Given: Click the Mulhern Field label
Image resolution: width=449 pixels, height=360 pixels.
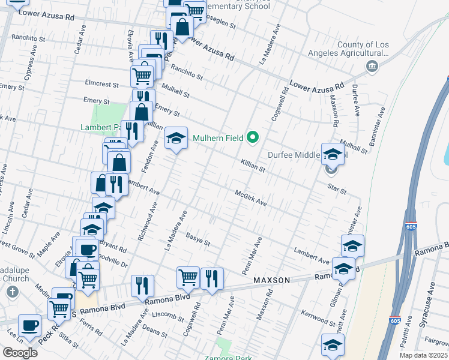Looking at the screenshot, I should click(x=217, y=138).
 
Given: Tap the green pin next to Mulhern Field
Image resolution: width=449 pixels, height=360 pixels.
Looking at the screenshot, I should click(x=253, y=138).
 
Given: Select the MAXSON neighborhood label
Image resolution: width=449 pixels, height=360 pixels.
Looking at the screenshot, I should click(x=271, y=280).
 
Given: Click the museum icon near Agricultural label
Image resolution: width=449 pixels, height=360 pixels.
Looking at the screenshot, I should click(x=372, y=65).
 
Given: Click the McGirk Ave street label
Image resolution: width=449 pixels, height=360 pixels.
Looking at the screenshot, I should click(x=250, y=197).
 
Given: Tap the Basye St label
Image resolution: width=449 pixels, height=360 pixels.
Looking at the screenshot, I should click(x=197, y=239).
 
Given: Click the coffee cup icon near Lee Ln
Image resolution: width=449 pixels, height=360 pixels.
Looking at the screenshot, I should click(x=29, y=326).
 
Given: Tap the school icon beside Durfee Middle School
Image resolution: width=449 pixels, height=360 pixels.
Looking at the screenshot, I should click(x=332, y=154).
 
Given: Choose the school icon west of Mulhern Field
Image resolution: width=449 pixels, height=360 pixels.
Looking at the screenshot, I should click(x=176, y=139).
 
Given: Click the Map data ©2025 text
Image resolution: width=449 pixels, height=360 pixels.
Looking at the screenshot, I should click(x=423, y=355).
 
